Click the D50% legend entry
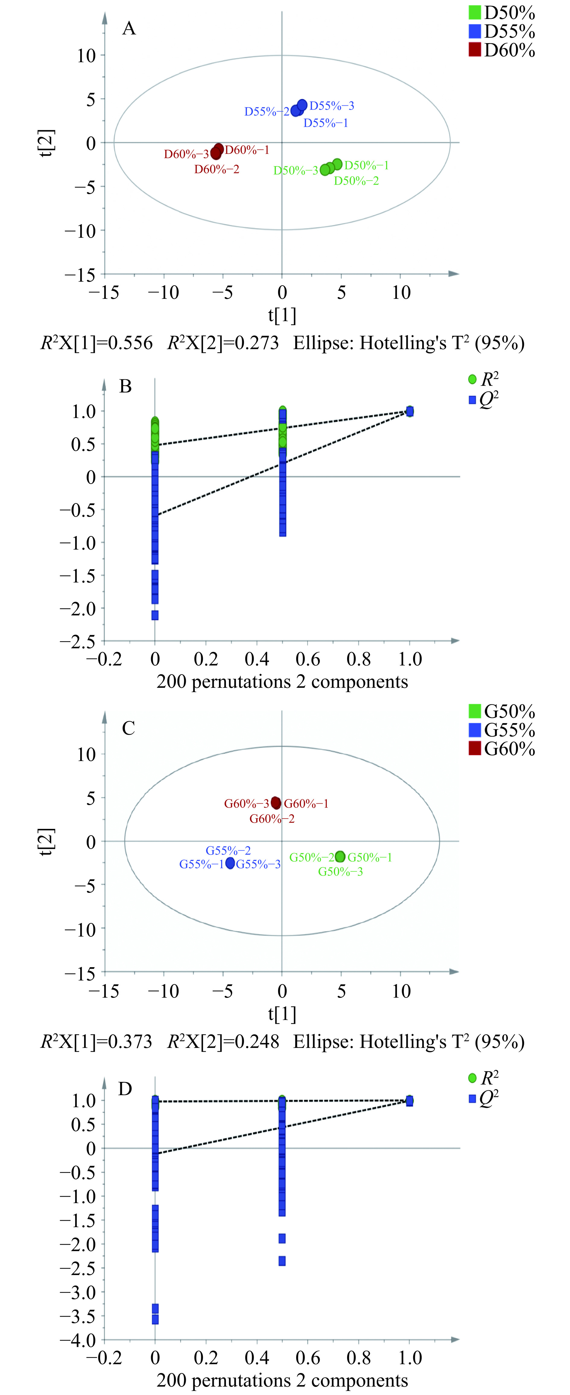point(502,13)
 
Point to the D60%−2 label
point(217,170)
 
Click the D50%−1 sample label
point(367,165)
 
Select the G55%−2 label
point(228,851)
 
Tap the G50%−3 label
point(340,872)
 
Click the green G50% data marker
point(340,857)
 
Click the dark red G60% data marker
point(276,803)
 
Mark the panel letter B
point(125,387)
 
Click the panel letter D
point(125,1089)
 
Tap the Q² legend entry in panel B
point(483,400)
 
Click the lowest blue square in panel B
point(155,615)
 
